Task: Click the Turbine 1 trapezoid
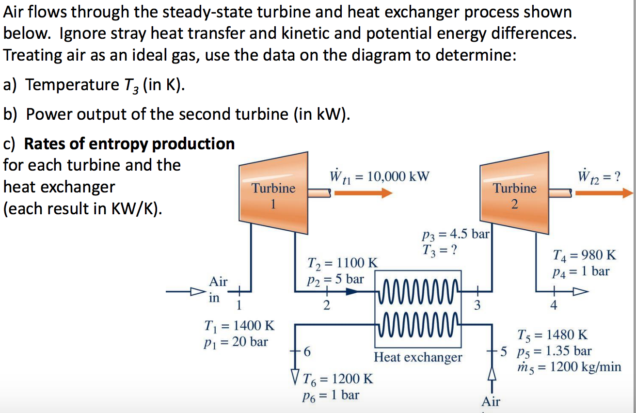pos(274,194)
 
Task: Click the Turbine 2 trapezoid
pos(515,194)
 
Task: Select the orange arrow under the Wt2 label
pos(604,193)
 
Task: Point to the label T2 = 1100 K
pos(342,263)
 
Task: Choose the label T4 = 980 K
pos(584,254)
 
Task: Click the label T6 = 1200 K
pos(337,379)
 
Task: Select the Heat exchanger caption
pos(418,358)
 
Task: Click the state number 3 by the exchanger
pos(477,305)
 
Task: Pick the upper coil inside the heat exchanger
pos(418,291)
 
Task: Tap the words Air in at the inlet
pos(218,289)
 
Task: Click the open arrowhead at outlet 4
pos(580,292)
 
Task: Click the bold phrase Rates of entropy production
pos(129,144)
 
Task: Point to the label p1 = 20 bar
pos(236,342)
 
